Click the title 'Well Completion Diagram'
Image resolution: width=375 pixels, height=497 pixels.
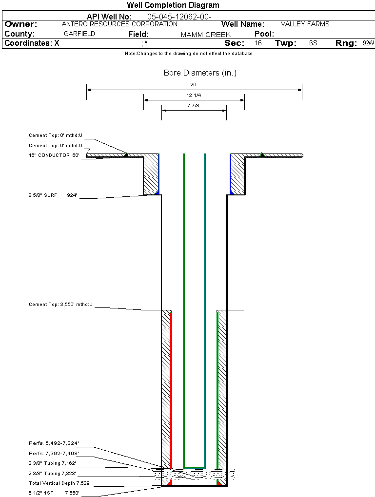[173, 5]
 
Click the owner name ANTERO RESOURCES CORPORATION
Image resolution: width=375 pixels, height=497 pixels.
[119, 24]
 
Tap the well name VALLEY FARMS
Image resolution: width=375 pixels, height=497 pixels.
[305, 24]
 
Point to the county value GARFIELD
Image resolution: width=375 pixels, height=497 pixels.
[79, 34]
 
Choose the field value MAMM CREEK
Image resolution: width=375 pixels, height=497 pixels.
[205, 35]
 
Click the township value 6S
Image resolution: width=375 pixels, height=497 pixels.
[313, 43]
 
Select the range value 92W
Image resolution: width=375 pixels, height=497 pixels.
[368, 43]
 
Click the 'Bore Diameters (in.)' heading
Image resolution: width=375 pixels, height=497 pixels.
[200, 73]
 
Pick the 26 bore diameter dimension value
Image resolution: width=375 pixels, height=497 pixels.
[194, 84]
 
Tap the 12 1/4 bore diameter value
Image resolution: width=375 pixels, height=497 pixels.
[194, 95]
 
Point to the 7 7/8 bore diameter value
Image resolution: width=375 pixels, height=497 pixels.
[194, 105]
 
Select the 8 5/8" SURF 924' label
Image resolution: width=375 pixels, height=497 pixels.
[53, 195]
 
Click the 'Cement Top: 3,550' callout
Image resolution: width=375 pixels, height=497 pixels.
[60, 305]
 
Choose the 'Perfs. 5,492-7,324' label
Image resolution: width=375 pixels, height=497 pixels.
[54, 443]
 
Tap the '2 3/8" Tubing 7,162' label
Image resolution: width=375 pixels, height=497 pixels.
[52, 463]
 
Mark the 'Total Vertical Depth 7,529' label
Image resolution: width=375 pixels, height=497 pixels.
[59, 483]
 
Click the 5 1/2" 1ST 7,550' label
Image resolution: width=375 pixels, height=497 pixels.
[54, 493]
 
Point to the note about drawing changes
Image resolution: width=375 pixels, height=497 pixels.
[188, 54]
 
